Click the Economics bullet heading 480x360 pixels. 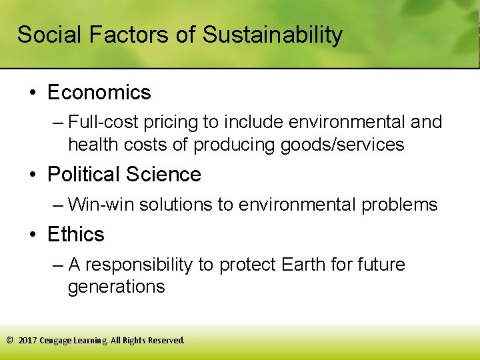point(99,92)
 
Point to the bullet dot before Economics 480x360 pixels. point(32,92)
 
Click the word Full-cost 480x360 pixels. point(101,123)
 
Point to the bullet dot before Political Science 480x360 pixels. point(32,175)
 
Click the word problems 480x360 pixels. point(399,205)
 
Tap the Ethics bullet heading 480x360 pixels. point(76,235)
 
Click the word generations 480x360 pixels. point(116,287)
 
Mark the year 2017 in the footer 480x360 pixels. point(27,340)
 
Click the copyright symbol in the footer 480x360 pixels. point(9,340)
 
